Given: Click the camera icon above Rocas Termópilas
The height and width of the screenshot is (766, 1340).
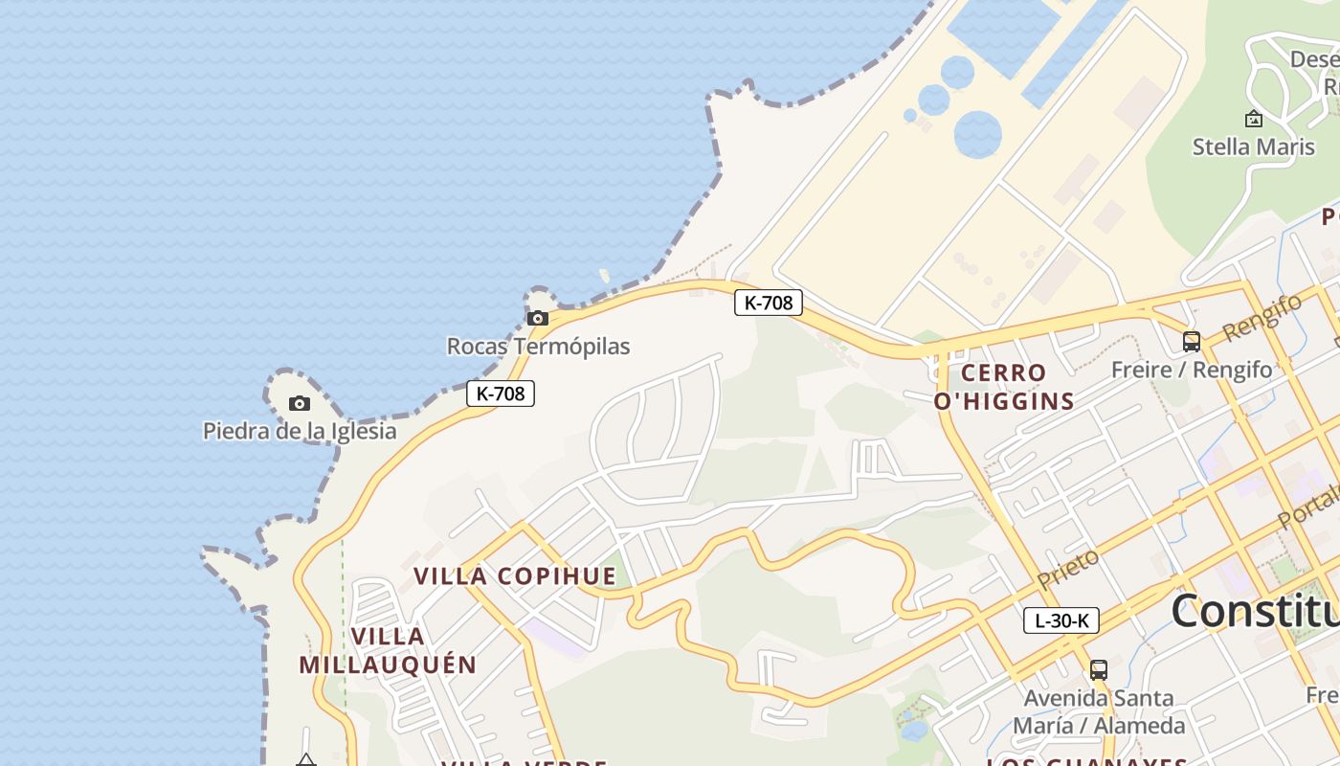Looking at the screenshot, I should click(x=538, y=318).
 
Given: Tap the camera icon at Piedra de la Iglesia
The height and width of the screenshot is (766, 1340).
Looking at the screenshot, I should click(x=300, y=403).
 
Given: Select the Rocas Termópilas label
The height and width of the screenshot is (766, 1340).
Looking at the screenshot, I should click(x=538, y=346).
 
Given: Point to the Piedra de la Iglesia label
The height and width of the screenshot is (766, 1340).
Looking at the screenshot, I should click(x=300, y=431).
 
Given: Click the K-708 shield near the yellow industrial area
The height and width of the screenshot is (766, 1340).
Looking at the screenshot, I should click(x=769, y=303).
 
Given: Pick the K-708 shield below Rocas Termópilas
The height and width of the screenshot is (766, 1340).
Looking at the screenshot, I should click(x=500, y=393).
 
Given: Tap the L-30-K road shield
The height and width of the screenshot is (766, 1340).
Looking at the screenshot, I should click(x=1061, y=620).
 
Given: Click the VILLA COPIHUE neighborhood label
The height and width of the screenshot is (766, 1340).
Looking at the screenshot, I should click(x=515, y=576).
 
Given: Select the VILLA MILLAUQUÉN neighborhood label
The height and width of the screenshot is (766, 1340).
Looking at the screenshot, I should click(x=388, y=650).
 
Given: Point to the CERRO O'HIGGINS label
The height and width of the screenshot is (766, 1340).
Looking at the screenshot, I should click(x=1004, y=387).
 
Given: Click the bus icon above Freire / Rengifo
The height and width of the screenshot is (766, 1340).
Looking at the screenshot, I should click(x=1192, y=341).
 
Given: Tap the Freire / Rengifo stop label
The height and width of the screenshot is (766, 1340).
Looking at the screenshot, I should click(x=1192, y=370).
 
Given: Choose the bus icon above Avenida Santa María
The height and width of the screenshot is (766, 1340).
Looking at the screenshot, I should click(x=1099, y=669).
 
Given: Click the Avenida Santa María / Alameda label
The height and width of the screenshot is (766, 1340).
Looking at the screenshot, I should click(x=1099, y=711).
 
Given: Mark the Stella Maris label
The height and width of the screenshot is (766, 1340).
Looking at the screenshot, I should click(x=1253, y=146).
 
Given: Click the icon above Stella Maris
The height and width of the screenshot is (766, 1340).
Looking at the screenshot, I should click(x=1253, y=119).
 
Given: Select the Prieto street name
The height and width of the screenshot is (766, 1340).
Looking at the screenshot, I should click(x=1068, y=569).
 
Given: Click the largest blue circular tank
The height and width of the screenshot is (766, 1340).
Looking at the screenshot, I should click(x=977, y=133).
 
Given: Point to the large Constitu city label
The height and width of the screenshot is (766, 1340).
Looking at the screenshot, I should click(x=1254, y=611).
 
